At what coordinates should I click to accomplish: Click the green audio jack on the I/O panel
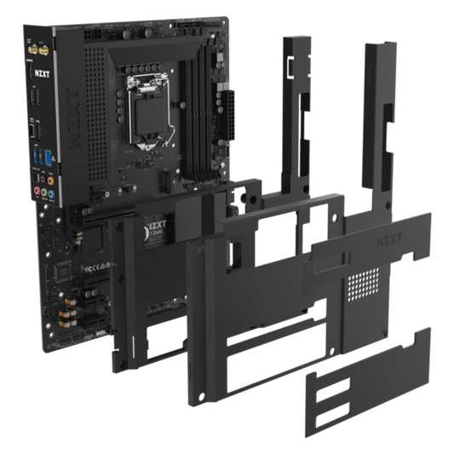point(52,193)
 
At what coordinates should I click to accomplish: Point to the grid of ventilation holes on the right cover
point(367,278)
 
